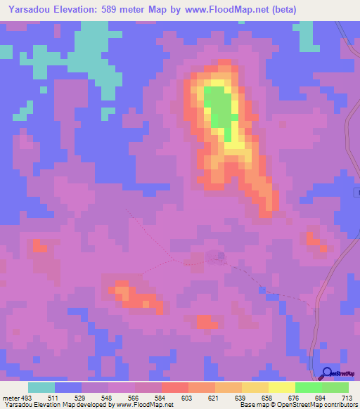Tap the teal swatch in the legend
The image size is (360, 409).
coord(41,387)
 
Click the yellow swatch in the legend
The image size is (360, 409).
coord(282,387)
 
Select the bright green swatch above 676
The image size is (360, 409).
coord(309,387)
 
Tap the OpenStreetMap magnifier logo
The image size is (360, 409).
coord(328,373)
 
